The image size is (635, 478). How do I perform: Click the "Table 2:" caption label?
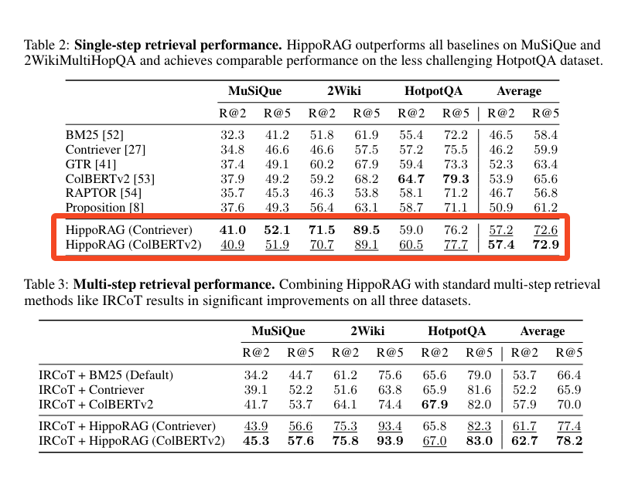point(47,46)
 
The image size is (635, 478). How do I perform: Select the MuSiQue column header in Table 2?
point(254,91)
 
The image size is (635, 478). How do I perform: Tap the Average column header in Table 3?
point(541,331)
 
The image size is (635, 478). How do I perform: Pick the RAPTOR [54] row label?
point(104,193)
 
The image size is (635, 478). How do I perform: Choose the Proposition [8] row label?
point(106,207)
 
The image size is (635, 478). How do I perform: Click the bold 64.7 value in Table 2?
point(410,178)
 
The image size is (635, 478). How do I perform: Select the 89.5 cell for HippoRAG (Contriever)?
point(366,230)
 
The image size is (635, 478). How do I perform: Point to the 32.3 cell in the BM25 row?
point(233,134)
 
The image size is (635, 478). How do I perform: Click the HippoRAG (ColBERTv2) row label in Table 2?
point(133,245)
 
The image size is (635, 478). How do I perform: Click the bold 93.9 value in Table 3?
point(389,441)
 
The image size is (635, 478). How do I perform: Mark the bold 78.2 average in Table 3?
point(568,441)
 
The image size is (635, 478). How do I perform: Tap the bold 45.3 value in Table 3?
point(256,441)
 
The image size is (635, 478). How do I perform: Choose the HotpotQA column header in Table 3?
point(456,331)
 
